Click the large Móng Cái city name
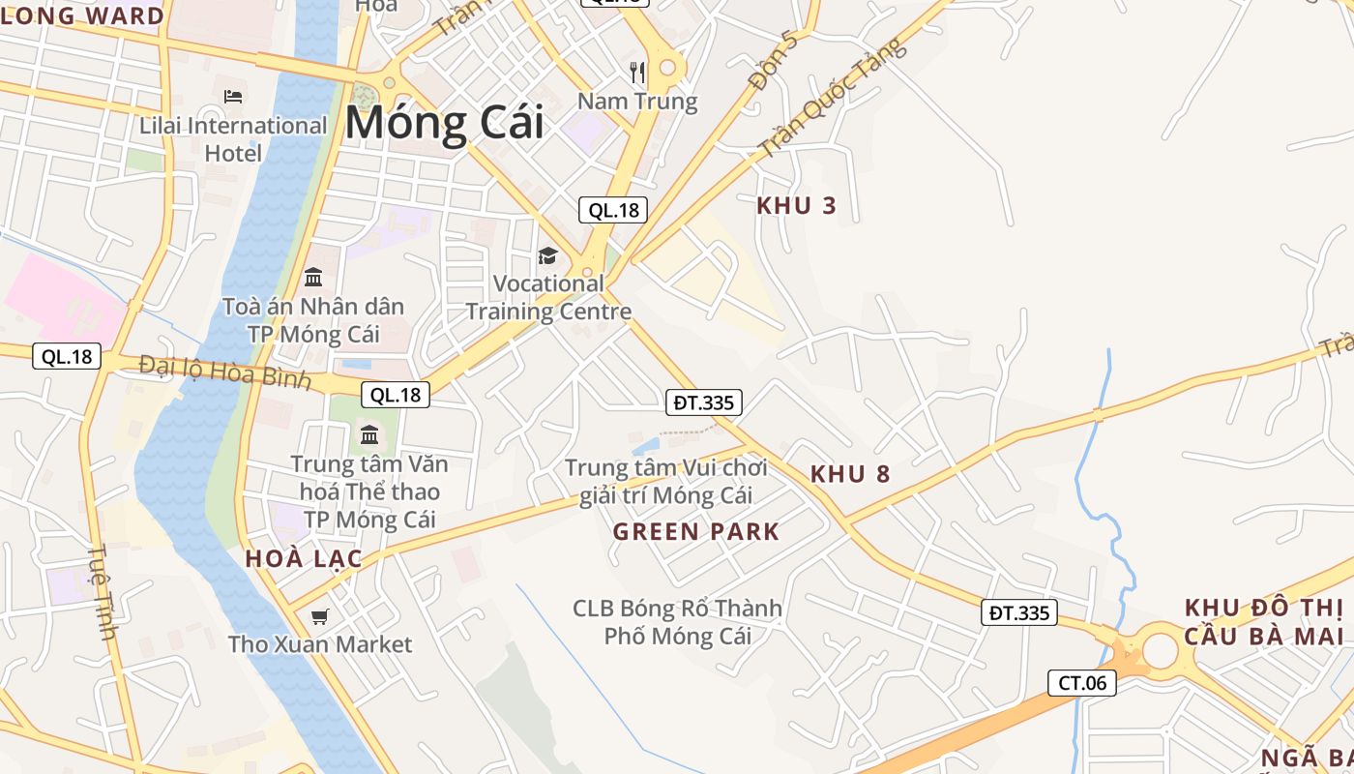click(444, 124)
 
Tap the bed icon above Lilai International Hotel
click(233, 96)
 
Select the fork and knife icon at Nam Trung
click(637, 72)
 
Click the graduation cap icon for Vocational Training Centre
click(548, 255)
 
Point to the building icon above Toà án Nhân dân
click(313, 278)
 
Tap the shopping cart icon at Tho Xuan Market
click(320, 616)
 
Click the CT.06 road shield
click(1082, 683)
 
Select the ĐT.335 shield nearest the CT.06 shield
click(1019, 612)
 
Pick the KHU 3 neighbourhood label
click(796, 205)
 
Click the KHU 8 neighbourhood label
click(850, 474)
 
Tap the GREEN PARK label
click(695, 531)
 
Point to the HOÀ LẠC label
click(304, 558)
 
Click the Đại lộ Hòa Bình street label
click(224, 372)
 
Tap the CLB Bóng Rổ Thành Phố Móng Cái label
click(677, 622)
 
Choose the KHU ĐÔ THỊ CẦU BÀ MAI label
click(1264, 622)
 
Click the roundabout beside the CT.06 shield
click(1160, 651)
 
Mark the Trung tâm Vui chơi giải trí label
click(665, 482)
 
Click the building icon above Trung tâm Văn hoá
click(368, 433)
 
